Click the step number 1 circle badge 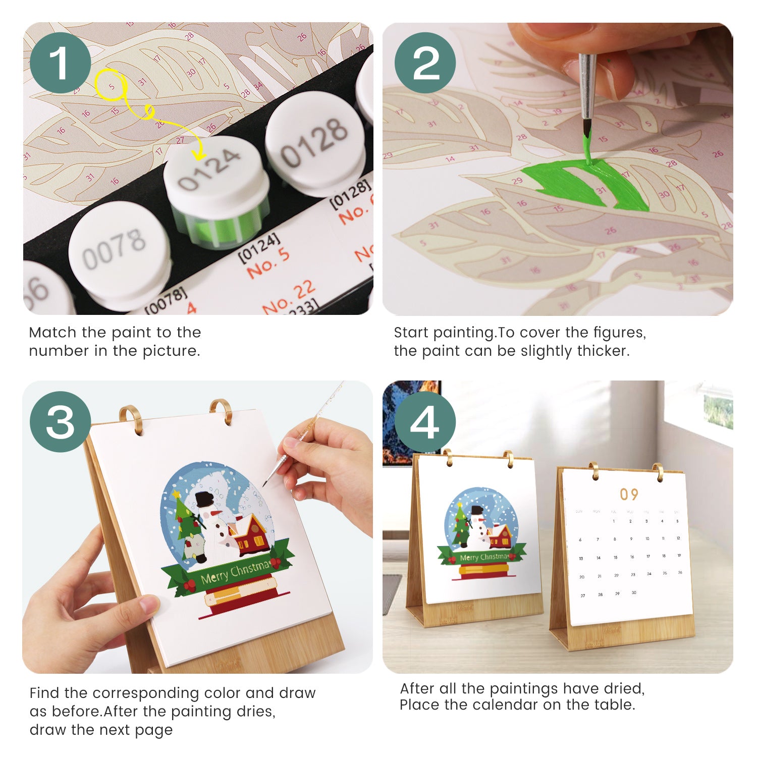point(60,63)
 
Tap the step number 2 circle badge point(425,63)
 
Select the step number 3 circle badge point(60,422)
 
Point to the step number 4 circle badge point(425,422)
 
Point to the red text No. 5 point(268,262)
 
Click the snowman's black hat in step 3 point(204,499)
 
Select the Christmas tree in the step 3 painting point(186,517)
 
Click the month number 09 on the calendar point(629,494)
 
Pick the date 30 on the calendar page point(633,592)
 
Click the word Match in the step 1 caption point(53,333)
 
